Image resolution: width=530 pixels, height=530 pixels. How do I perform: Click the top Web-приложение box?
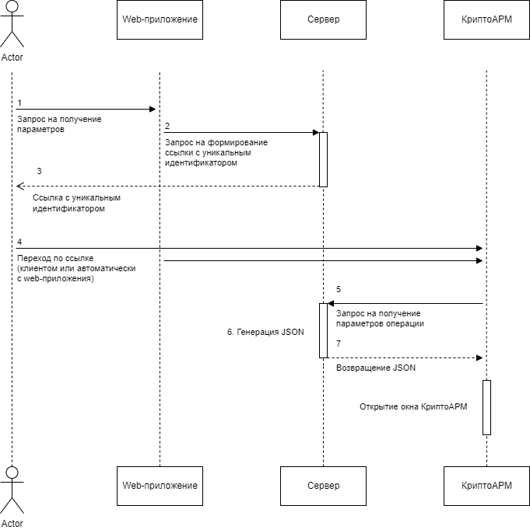tap(160, 19)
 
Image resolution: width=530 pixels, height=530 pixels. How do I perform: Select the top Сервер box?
tap(323, 19)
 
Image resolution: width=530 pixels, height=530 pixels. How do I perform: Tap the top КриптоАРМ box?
tap(486, 19)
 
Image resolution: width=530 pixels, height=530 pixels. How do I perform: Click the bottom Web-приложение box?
tap(160, 486)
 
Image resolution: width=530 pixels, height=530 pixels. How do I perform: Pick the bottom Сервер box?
tap(323, 486)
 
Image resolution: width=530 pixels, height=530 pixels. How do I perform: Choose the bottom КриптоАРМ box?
tap(486, 486)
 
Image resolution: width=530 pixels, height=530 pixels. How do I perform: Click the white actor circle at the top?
tap(12, 6)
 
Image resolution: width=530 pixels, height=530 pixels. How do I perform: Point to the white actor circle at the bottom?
tap(12, 472)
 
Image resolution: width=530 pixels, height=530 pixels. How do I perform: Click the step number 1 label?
tap(19, 103)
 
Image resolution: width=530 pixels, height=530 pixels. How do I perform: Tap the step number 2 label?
tap(167, 126)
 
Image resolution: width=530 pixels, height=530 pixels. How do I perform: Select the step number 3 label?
tap(39, 171)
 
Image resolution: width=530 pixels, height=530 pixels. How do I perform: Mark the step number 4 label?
tap(19, 242)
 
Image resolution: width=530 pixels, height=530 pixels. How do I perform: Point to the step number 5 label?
tap(339, 289)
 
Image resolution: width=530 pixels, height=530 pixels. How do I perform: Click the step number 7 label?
tap(339, 343)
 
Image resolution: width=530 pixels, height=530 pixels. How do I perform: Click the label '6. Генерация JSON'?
tap(265, 332)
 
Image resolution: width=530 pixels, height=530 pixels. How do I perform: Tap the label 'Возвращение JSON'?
tap(376, 368)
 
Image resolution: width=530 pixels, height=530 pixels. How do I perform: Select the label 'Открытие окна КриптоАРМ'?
tap(413, 406)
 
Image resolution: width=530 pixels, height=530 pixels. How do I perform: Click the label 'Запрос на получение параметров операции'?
tap(380, 318)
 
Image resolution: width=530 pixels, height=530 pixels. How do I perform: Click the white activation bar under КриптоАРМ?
tap(486, 407)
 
